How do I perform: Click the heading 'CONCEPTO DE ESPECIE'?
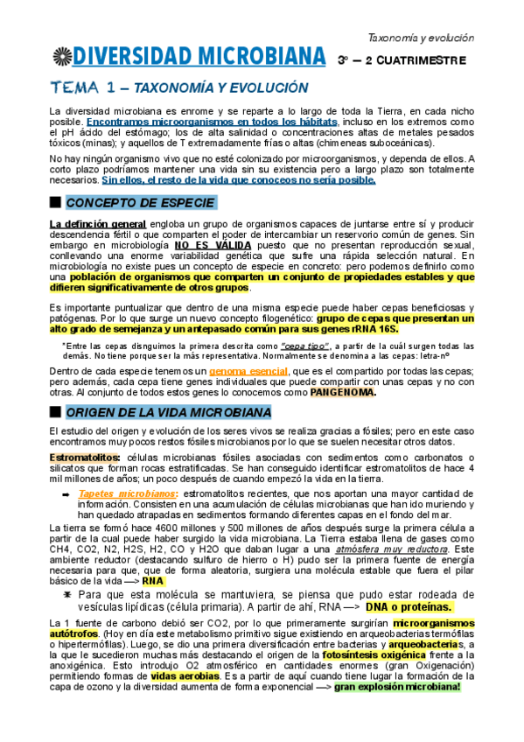pyautogui.click(x=140, y=204)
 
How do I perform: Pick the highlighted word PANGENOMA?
pyautogui.click(x=343, y=392)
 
